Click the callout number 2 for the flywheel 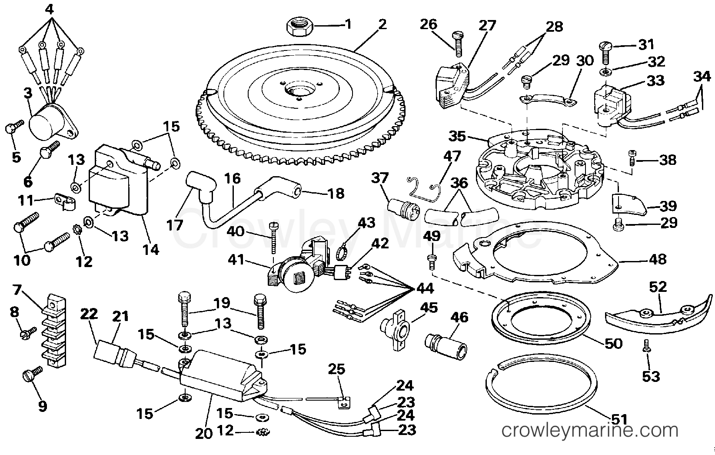[382, 24]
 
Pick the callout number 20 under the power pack [204, 433]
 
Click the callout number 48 [657, 259]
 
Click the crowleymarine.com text [589, 430]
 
